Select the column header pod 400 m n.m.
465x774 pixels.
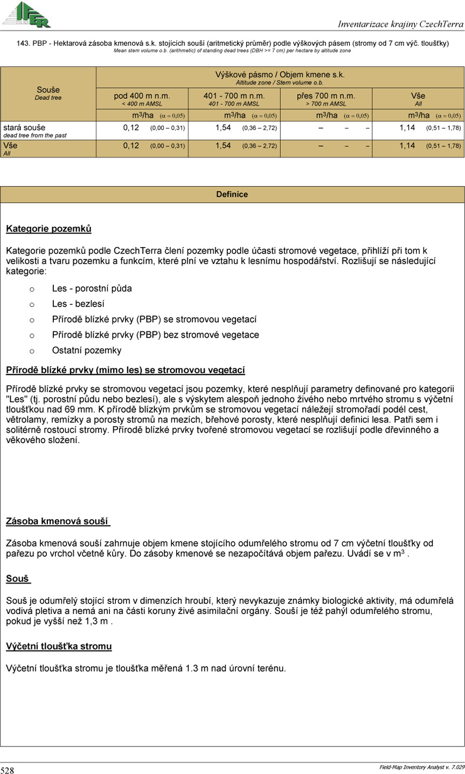tap(142, 95)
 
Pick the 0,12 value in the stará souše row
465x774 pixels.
tap(131, 128)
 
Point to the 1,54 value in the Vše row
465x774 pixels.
tap(223, 146)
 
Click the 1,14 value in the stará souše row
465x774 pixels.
tap(407, 128)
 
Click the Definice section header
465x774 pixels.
tap(232, 194)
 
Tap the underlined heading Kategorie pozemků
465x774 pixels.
tap(48, 229)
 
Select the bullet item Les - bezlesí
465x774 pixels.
tap(78, 304)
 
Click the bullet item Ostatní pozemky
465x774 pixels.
tap(87, 351)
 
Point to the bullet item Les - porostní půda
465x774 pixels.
tap(92, 288)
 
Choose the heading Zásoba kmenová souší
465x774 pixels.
tap(58, 522)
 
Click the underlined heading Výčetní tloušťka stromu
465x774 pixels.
tap(59, 646)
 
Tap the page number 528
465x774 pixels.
tap(8, 770)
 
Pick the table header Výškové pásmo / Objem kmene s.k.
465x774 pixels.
tap(280, 74)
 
